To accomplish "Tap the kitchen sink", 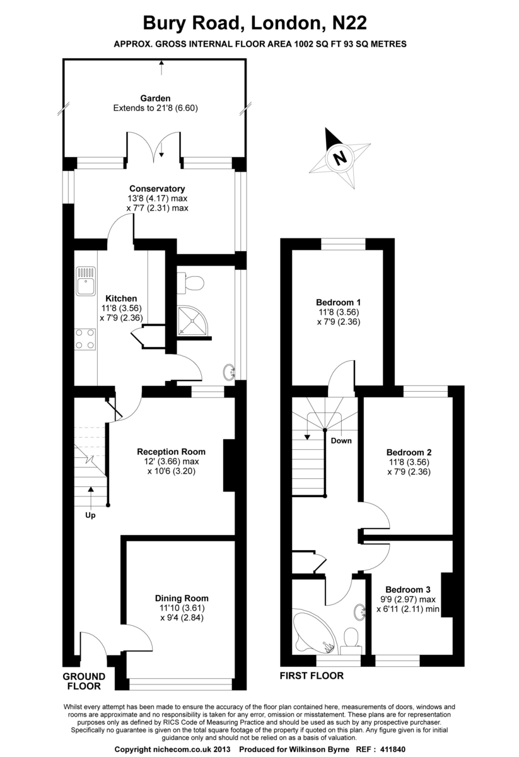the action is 86,281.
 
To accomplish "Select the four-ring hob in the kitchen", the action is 85,339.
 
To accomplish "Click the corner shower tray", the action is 192,320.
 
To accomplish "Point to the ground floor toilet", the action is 191,283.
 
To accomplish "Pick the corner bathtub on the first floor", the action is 313,632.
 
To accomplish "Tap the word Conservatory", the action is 157,189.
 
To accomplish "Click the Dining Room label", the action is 182,598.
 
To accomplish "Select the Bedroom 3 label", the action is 408,589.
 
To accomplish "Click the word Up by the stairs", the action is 90,515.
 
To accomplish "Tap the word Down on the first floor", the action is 341,441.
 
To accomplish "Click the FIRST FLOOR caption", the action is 312,676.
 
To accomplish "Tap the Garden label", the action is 155,98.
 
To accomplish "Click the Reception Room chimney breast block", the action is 229,465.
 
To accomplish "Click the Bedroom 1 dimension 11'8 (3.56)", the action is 339,312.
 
